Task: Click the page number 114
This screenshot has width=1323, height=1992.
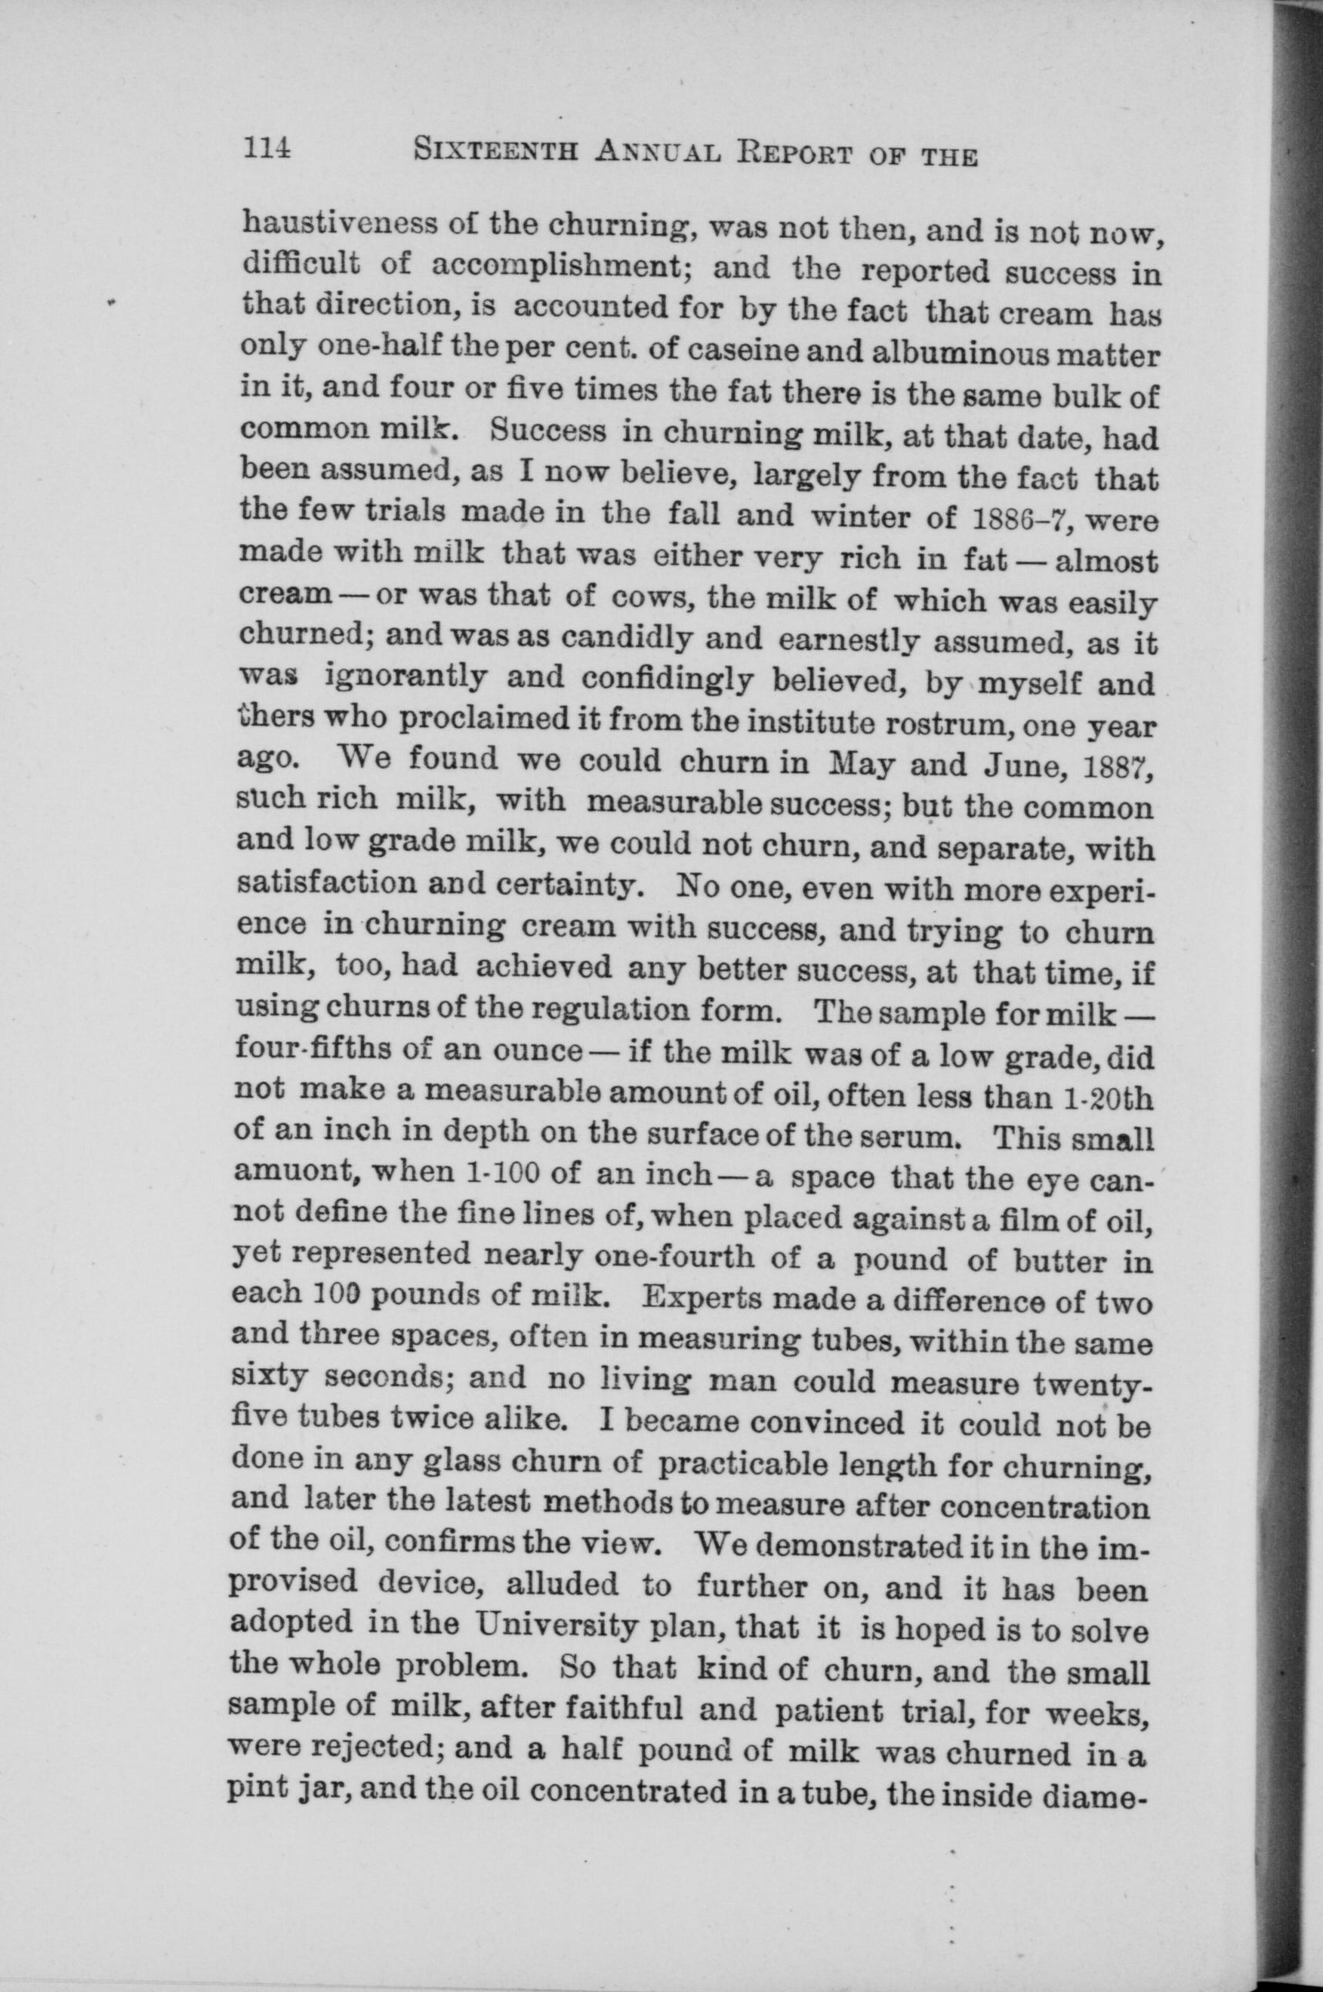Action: click(x=267, y=150)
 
